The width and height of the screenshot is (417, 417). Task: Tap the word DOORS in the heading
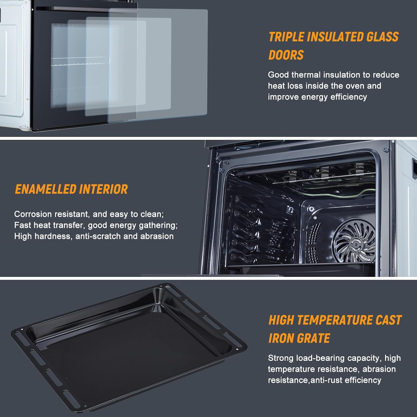point(286,55)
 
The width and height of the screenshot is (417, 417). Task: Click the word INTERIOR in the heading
point(103,189)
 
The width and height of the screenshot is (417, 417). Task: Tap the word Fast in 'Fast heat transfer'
point(23,225)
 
